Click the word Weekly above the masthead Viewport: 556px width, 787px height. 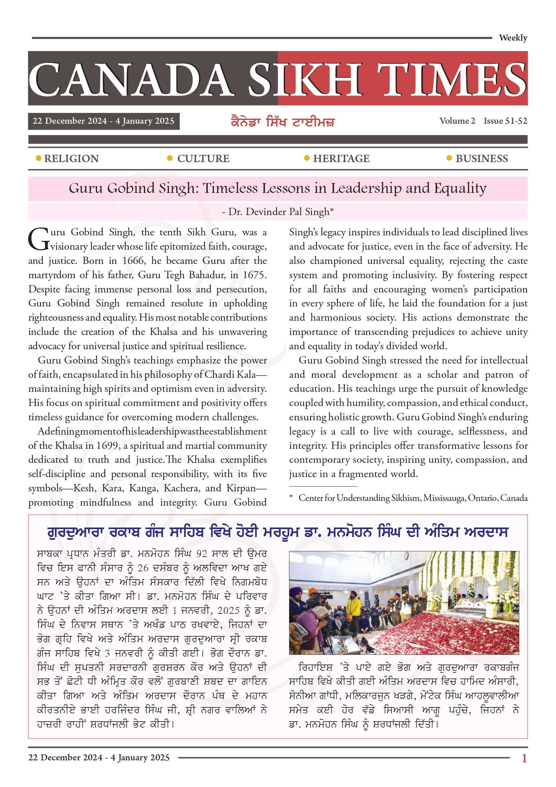[513, 38]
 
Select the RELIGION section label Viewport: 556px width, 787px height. [71, 158]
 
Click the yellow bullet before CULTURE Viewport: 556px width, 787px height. [170, 158]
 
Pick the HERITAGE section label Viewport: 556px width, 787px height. [341, 158]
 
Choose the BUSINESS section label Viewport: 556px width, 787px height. [481, 158]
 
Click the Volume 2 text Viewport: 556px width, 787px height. [457, 121]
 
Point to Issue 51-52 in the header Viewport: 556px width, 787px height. [505, 121]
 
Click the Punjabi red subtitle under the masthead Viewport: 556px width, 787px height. [283, 122]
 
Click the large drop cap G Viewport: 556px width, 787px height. [39, 239]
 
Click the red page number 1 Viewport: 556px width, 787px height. [524, 758]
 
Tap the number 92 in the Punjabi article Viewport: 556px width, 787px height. [202, 554]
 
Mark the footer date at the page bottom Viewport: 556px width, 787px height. [99, 757]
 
